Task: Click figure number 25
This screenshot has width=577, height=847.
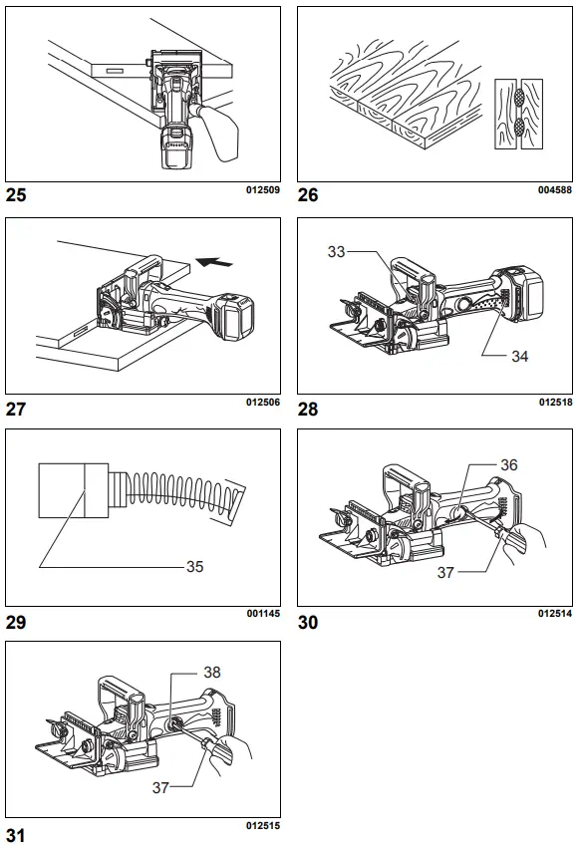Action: [x=16, y=195]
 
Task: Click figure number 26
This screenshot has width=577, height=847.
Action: [x=308, y=195]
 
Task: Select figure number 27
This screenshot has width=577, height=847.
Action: [x=16, y=409]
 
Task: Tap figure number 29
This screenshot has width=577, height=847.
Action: [x=16, y=623]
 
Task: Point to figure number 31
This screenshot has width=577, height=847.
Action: [x=15, y=835]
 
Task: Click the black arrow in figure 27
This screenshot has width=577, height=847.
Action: [x=216, y=263]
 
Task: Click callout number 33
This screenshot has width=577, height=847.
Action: [x=337, y=252]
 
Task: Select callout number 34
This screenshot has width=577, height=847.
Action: [x=519, y=356]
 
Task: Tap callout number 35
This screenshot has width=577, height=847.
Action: [x=195, y=566]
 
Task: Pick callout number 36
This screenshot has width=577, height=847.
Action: [x=509, y=465]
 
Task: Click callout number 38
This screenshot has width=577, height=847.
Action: [x=212, y=673]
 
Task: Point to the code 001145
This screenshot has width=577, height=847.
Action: [x=262, y=613]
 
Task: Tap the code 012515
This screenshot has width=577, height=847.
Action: [x=262, y=826]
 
